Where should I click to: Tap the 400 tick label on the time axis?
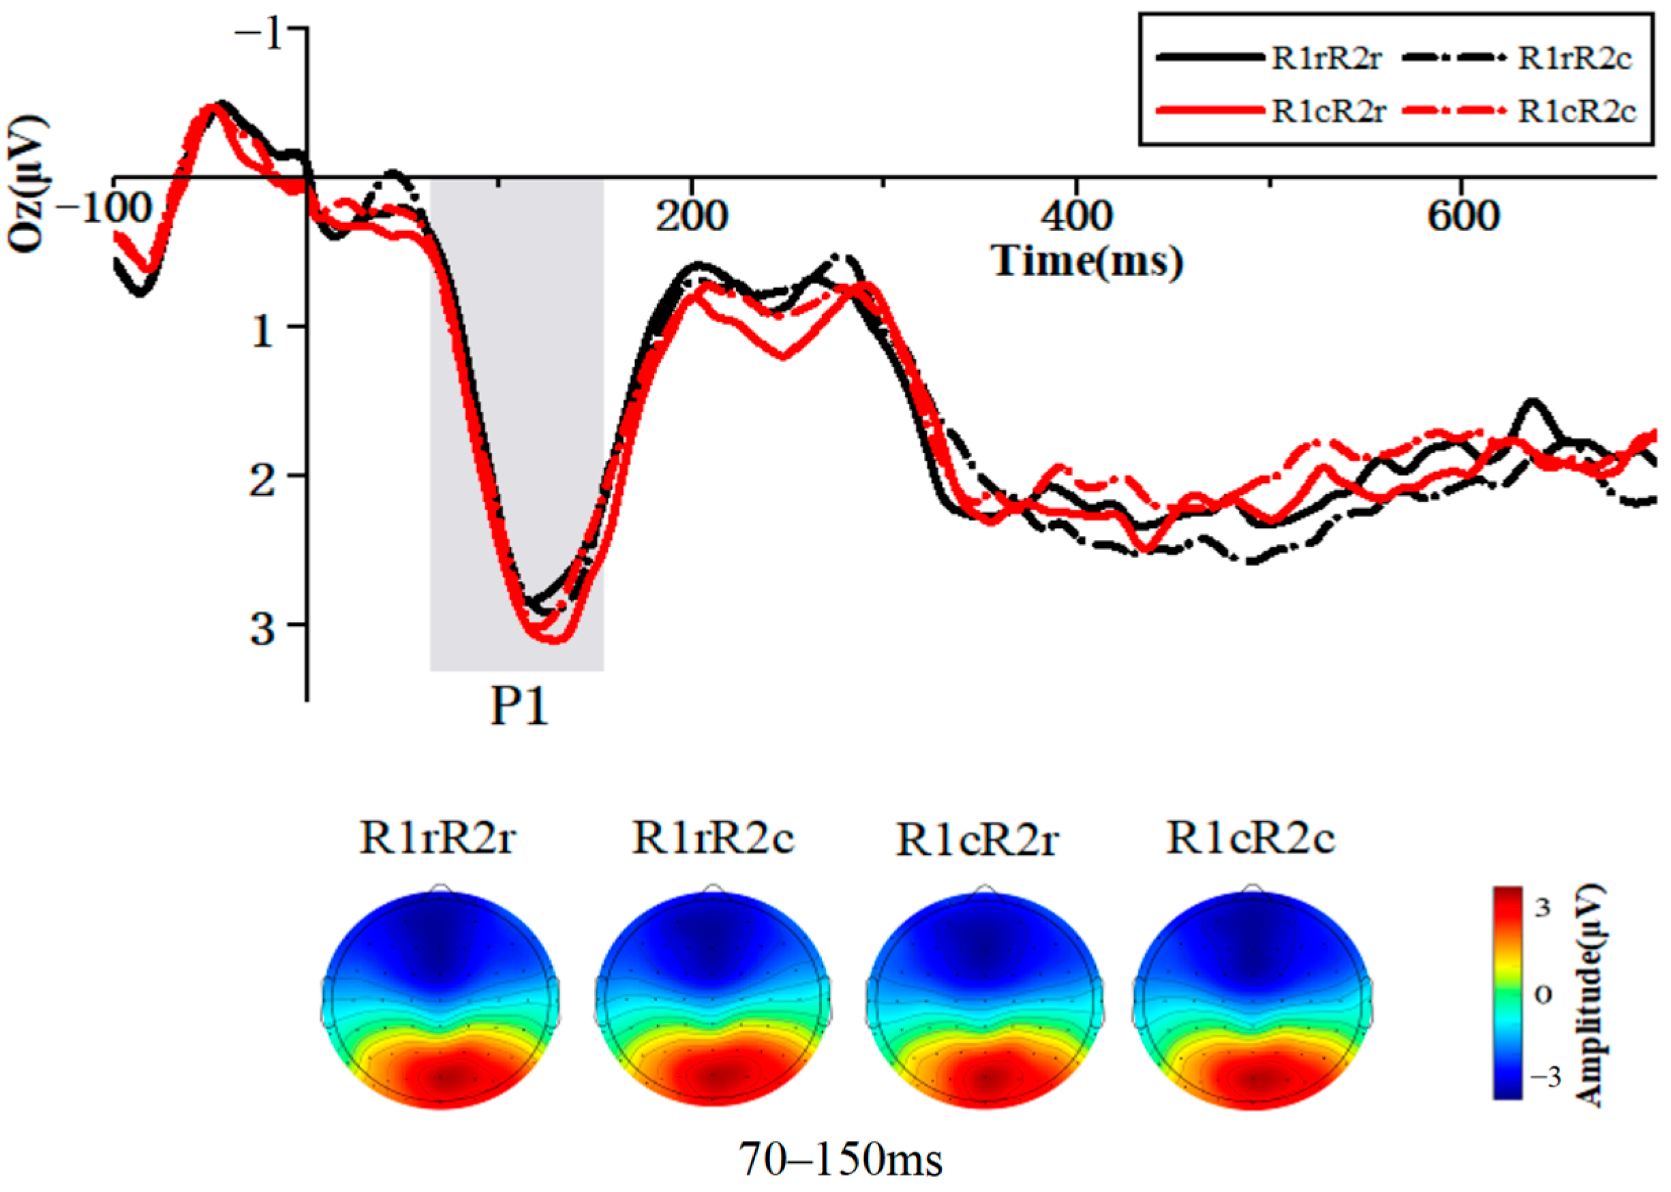coord(1076,217)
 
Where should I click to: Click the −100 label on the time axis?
coord(103,209)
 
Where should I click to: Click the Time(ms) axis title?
coord(1088,262)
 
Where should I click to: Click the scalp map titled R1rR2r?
coord(440,999)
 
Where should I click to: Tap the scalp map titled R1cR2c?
coord(1253,999)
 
